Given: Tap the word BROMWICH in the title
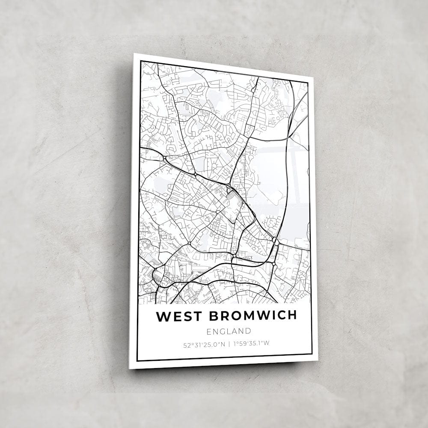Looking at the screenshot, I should tap(253, 315).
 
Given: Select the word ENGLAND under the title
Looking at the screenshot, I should tap(229, 331).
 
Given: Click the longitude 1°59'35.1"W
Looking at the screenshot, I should tap(252, 342).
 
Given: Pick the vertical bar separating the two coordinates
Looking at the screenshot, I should tap(229, 342).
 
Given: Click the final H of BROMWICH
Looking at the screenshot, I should tap(292, 315).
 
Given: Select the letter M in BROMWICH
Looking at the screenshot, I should tap(249, 315).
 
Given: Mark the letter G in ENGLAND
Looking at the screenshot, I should tap(221, 331).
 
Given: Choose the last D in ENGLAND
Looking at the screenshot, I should tap(248, 331).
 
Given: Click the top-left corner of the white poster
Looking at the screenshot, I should tap(134, 53).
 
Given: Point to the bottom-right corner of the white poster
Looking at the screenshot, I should tap(318, 360).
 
